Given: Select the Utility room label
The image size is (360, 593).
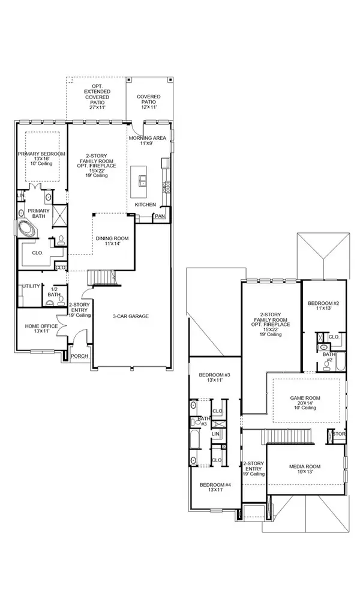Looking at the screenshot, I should (31, 286).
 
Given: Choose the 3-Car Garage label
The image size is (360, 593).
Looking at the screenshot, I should (130, 316).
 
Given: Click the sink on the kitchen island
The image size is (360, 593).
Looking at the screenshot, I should (143, 179).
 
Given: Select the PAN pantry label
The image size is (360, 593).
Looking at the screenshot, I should (160, 216).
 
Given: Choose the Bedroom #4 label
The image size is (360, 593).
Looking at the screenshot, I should (214, 487).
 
